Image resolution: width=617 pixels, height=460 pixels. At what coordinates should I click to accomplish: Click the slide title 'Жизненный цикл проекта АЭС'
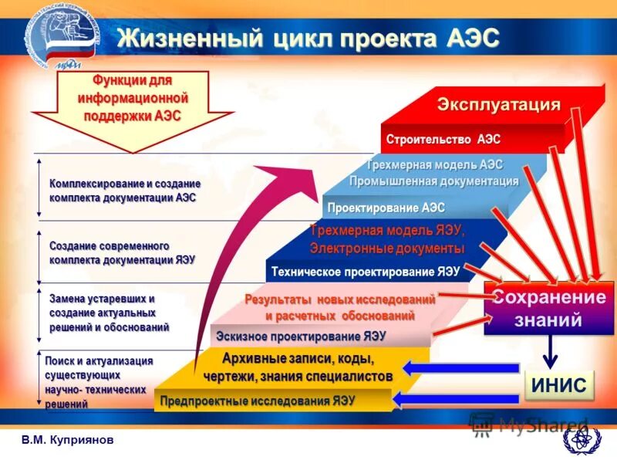(308, 37)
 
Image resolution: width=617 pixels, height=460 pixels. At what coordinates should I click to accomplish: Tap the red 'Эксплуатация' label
(499, 104)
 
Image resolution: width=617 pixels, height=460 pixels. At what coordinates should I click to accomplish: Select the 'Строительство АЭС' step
(443, 140)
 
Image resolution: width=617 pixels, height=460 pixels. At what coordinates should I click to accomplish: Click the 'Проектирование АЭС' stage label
(386, 208)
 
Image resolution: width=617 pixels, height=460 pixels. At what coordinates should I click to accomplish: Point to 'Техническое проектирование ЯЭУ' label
(365, 272)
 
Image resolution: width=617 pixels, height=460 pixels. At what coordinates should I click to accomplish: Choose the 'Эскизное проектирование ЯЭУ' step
(301, 337)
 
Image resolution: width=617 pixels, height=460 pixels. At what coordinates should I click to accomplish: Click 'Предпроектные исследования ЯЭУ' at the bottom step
(257, 401)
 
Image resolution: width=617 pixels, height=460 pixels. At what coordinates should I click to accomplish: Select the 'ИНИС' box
(560, 385)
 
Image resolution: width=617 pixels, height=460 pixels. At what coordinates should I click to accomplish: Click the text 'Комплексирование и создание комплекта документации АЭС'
(125, 191)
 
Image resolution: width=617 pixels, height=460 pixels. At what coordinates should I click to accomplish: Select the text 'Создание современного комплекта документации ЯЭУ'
(122, 252)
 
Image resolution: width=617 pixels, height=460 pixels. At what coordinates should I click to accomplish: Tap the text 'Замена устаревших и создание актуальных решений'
(108, 313)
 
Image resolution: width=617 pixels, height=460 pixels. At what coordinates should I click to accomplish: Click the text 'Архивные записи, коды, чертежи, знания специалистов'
(297, 367)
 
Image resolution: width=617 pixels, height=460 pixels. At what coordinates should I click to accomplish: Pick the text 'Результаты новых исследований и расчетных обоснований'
(339, 307)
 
